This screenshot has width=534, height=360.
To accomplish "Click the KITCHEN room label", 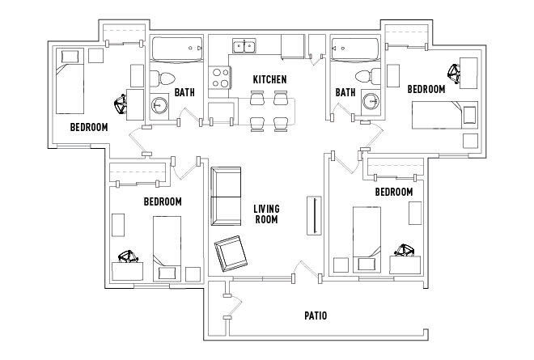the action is click(x=269, y=80).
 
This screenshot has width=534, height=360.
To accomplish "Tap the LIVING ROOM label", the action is click(x=267, y=214).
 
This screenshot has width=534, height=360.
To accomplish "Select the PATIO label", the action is click(x=316, y=316).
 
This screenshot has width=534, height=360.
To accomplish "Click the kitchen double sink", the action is click(x=244, y=46).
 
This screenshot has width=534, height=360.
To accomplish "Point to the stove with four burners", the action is click(x=220, y=78).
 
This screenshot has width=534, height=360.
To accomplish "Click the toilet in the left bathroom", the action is click(x=162, y=78).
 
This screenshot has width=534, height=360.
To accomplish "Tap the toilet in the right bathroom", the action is click(x=368, y=76).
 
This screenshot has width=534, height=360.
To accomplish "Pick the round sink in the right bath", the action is click(x=371, y=101).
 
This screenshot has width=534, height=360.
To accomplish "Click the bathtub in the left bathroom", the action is click(x=177, y=49).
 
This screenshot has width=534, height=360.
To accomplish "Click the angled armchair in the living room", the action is click(x=231, y=253).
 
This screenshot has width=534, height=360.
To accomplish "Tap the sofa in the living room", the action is click(x=226, y=196).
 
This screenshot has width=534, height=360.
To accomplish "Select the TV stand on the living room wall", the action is click(x=314, y=215).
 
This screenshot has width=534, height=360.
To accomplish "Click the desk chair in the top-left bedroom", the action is click(x=121, y=104).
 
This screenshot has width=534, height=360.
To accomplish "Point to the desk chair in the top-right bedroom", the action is click(x=454, y=74).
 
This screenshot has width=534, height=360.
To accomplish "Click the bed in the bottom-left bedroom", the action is click(x=167, y=248).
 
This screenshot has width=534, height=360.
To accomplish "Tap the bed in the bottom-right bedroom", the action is click(x=367, y=239).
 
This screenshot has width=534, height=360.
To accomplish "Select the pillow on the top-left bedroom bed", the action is click(x=70, y=57).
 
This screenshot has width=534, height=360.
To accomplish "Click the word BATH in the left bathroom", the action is click(x=184, y=92).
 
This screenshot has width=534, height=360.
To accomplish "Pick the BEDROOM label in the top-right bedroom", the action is click(x=426, y=89).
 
